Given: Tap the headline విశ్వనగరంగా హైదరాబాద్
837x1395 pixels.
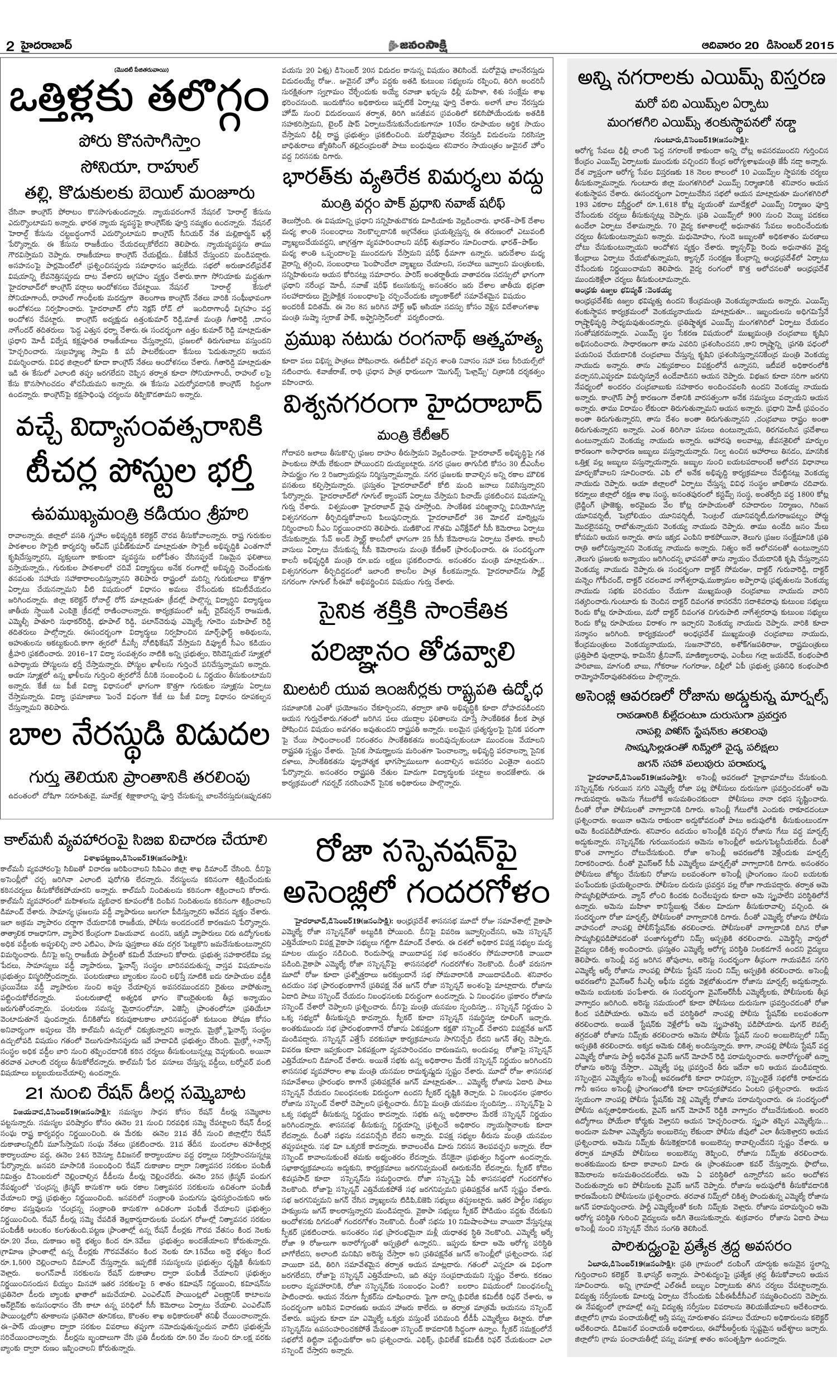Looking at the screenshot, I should (x=413, y=405).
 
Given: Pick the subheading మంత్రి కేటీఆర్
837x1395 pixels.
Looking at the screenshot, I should (x=413, y=434).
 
